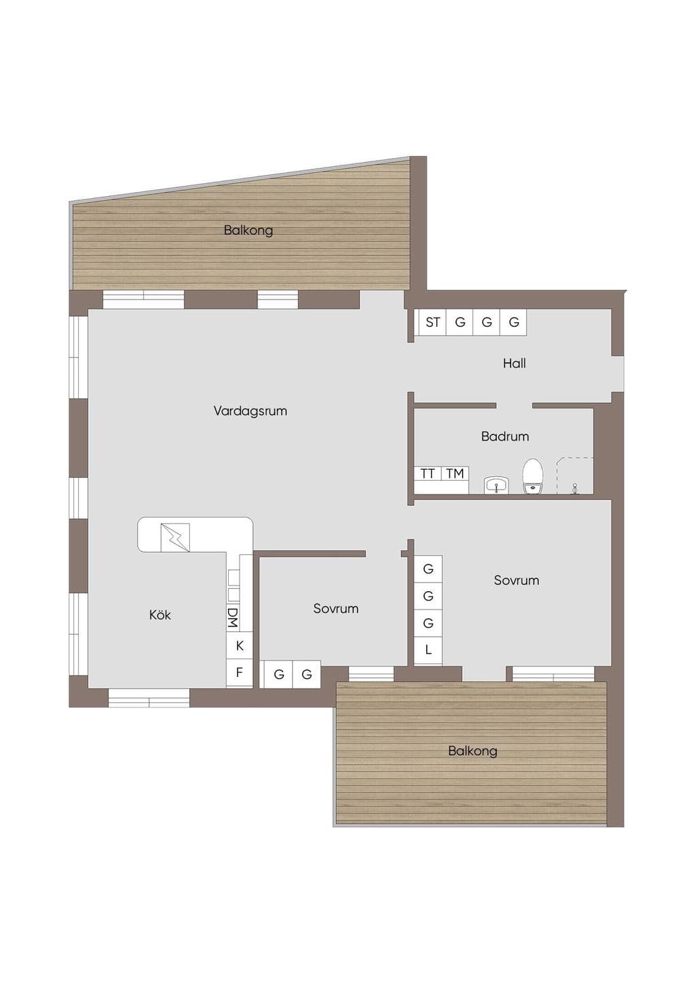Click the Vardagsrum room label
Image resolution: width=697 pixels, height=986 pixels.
tap(250, 411)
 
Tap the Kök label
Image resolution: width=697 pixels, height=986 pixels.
tap(160, 615)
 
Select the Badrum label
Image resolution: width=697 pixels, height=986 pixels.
tap(505, 436)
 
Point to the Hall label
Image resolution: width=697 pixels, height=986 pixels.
tap(515, 363)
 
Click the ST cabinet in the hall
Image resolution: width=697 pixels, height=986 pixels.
tap(432, 322)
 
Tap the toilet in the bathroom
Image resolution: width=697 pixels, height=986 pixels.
tap(532, 476)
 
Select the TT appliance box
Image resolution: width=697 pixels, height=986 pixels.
tap(427, 474)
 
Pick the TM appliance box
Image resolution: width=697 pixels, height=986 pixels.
tap(455, 474)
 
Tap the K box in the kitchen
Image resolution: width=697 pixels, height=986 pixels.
tap(240, 646)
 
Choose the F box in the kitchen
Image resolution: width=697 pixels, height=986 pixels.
tap(240, 673)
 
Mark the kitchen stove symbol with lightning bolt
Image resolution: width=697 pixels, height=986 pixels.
tap(175, 537)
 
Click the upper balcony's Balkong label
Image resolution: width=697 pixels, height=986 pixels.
tap(248, 230)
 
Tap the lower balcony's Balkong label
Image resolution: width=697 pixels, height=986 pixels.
tap(472, 751)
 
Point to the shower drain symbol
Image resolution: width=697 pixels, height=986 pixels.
tap(574, 489)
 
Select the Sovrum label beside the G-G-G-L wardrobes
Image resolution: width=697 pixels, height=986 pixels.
tap(517, 580)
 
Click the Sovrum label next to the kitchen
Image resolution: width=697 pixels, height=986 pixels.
tap(336, 608)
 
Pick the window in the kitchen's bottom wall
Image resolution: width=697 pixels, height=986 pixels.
tap(149, 698)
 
